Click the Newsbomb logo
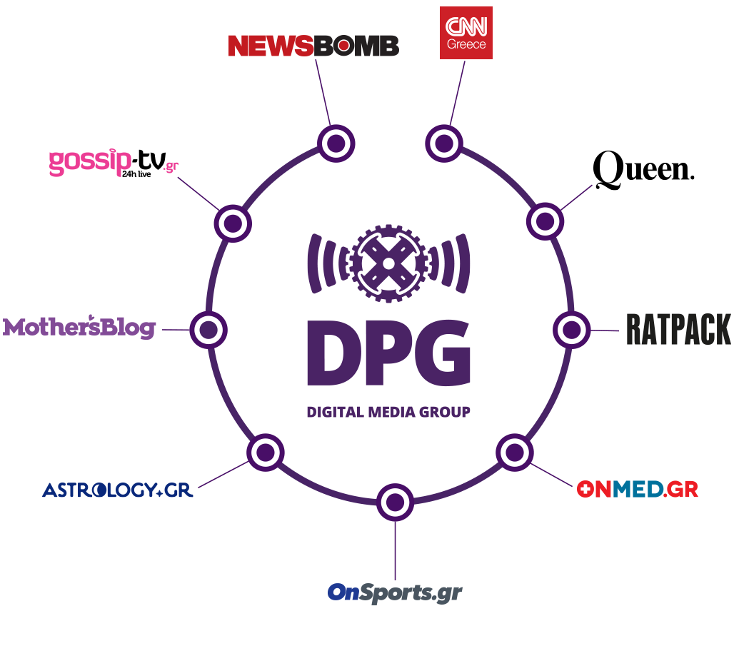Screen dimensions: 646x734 click(313, 46)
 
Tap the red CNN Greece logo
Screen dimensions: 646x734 click(466, 33)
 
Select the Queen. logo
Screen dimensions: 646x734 click(643, 171)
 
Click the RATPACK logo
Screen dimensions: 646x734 click(678, 329)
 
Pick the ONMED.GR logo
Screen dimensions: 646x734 click(637, 490)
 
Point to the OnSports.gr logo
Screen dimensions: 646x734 click(395, 593)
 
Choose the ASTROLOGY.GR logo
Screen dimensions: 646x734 click(118, 490)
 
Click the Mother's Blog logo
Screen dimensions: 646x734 click(79, 328)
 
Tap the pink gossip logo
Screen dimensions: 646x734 click(113, 163)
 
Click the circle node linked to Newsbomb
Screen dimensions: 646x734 click(336, 143)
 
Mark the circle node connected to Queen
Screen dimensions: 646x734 click(545, 221)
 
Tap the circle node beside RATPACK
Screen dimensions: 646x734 click(571, 330)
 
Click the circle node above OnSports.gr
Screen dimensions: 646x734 click(394, 503)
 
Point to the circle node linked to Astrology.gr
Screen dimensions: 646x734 click(266, 452)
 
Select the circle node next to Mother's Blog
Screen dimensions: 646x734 click(208, 330)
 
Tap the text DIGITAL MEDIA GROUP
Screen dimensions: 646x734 click(388, 412)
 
